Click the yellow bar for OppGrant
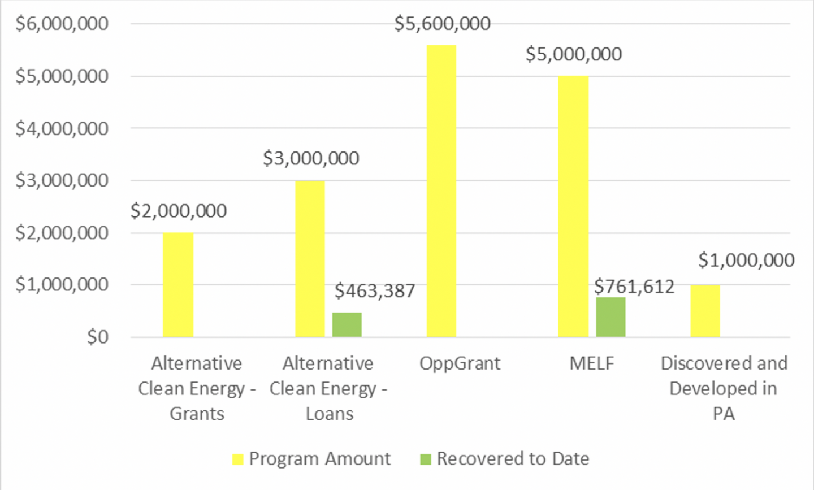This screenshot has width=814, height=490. [441, 191]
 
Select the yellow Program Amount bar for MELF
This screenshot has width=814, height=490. [573, 206]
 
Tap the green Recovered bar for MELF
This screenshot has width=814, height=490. [610, 317]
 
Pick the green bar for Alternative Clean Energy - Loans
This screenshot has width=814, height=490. [347, 325]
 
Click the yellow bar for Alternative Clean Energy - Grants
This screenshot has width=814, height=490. [178, 285]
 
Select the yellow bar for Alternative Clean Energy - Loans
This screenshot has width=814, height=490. [310, 259]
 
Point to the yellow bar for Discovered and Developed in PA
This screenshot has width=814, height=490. [705, 311]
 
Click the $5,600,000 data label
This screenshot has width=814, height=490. [442, 24]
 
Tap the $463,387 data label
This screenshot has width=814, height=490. [375, 291]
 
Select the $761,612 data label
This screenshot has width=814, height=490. [634, 287]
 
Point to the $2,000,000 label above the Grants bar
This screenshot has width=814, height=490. [179, 211]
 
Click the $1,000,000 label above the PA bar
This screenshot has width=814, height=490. [746, 260]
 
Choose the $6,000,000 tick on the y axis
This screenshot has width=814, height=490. [62, 24]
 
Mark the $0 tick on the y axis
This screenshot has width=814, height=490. [97, 337]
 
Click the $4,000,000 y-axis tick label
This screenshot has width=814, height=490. [62, 129]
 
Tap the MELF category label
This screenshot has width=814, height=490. [591, 363]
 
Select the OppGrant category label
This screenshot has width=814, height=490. [460, 363]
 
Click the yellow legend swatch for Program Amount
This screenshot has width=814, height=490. [238, 459]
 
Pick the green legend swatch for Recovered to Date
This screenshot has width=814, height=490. [426, 459]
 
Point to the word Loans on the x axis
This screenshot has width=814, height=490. [329, 414]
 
